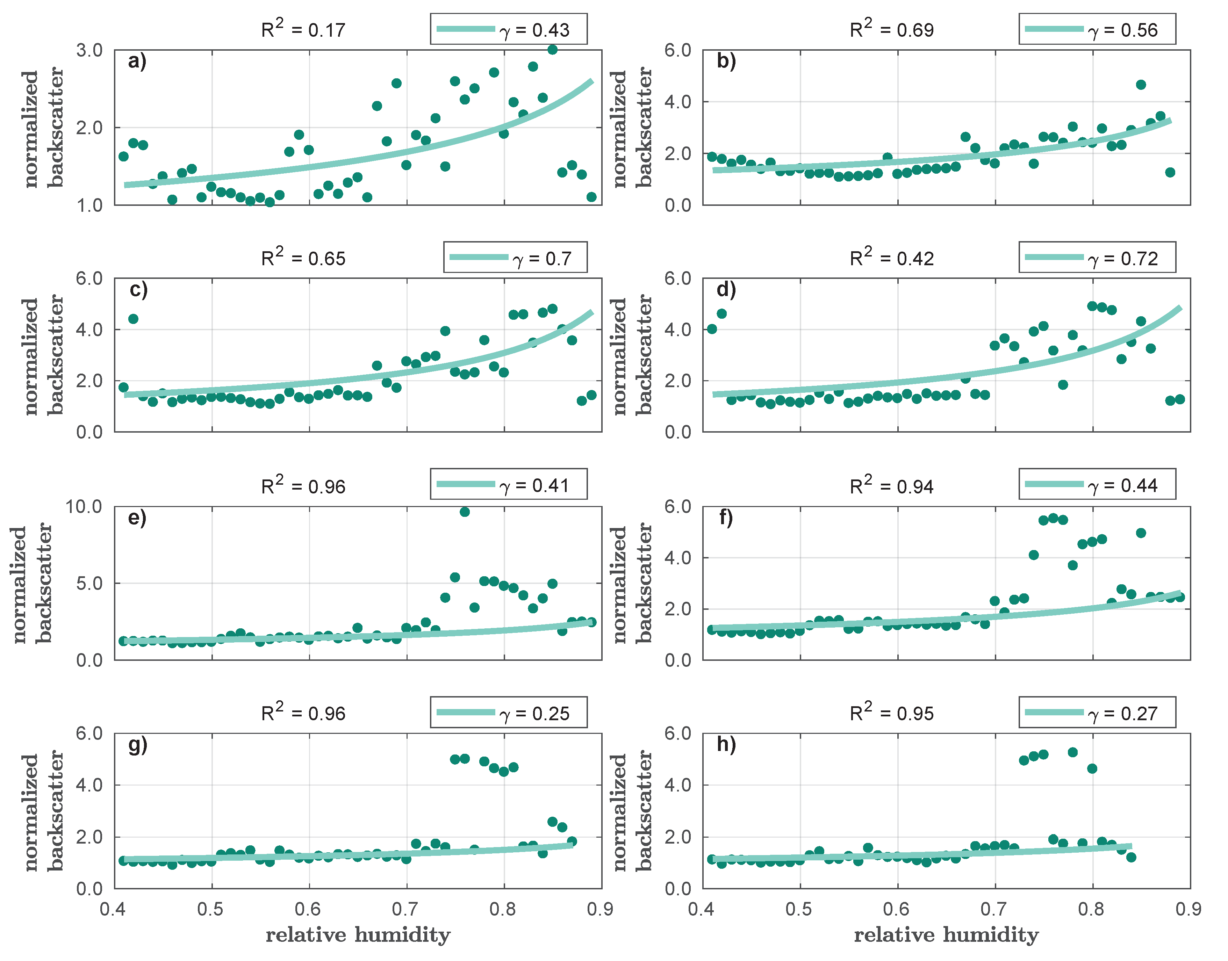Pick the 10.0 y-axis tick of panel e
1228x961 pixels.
[83, 507]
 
